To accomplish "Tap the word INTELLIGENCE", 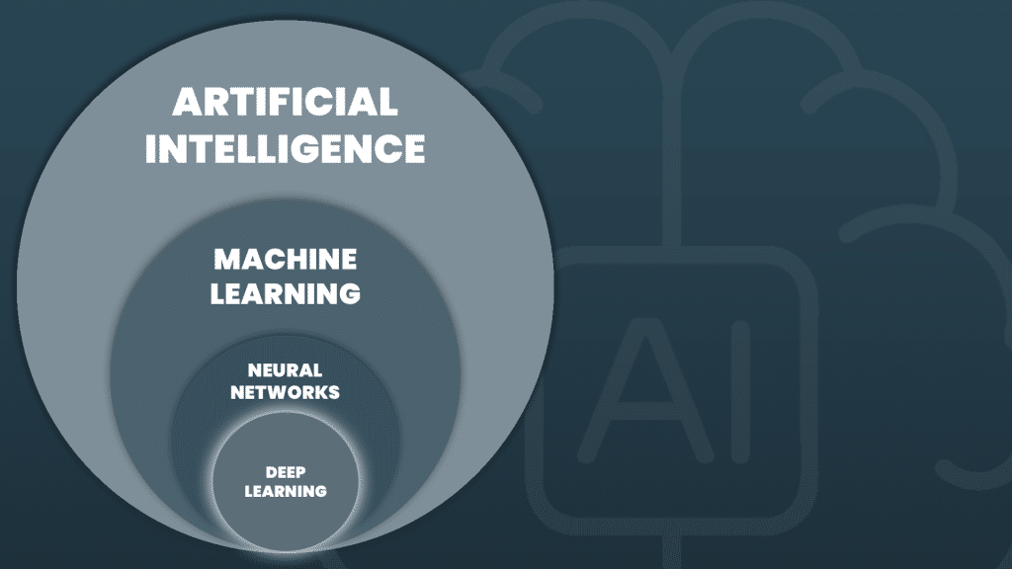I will click(286, 148).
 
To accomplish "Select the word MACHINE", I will click(286, 260).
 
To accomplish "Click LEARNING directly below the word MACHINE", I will click(286, 293).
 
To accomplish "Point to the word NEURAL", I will click(285, 370).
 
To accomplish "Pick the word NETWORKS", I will click(285, 392).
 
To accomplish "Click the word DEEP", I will click(285, 471).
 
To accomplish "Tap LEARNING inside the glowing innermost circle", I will click(285, 490).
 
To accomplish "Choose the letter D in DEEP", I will click(270, 471).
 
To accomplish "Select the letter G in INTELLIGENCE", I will click(325, 148).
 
